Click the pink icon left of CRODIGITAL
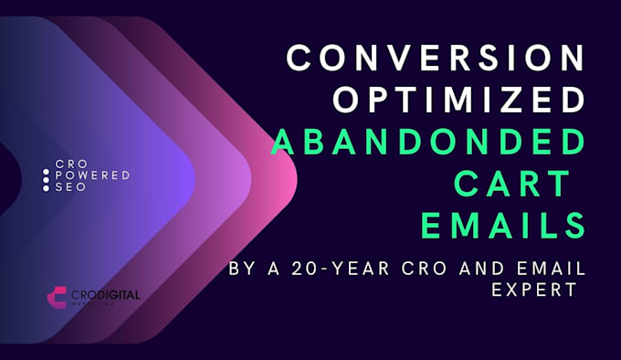coord(57,297)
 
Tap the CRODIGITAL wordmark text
coord(102,295)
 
